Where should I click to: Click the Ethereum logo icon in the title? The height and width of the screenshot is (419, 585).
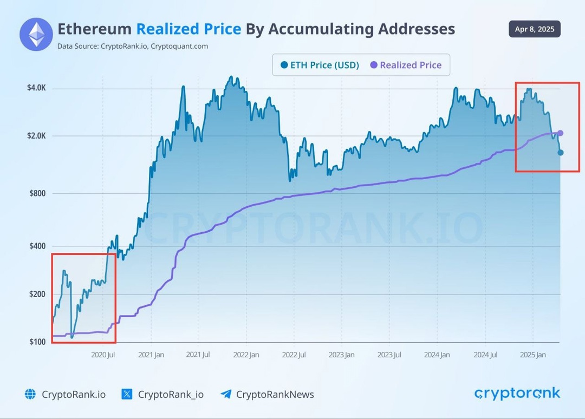tap(36, 34)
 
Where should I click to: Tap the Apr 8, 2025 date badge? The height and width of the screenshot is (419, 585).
tap(534, 29)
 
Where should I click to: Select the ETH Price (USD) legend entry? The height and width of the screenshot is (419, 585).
tap(320, 65)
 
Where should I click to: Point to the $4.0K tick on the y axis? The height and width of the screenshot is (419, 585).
tap(36, 88)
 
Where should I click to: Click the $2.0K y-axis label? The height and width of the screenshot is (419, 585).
tap(36, 136)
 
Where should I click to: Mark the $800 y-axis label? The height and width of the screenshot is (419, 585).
tap(38, 193)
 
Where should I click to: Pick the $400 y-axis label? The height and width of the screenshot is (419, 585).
tap(38, 246)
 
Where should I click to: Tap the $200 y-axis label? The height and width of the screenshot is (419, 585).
tap(38, 294)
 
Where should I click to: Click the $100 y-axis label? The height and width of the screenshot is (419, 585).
tap(38, 342)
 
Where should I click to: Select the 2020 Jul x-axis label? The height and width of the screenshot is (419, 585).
tap(103, 355)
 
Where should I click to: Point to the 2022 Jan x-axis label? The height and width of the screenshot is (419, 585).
tap(246, 355)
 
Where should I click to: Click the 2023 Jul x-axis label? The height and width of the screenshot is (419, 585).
tap(389, 355)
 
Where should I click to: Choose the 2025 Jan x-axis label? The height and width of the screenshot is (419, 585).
tap(532, 355)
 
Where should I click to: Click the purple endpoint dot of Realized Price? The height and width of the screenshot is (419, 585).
tap(561, 133)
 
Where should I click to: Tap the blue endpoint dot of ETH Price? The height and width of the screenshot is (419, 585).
tap(561, 153)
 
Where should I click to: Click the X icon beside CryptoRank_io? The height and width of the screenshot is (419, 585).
tap(127, 394)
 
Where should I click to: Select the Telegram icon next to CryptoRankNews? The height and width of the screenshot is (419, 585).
tap(226, 394)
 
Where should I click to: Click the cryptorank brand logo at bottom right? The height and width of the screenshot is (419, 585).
tap(517, 394)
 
